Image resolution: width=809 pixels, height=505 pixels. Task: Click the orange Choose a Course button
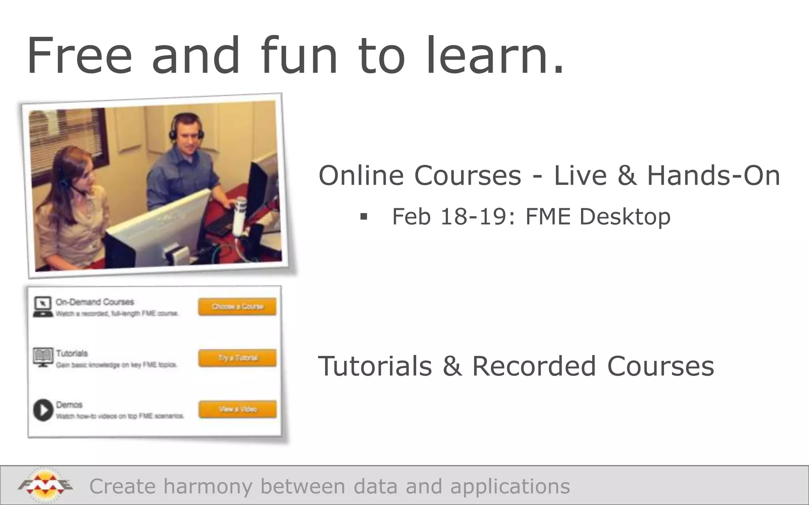point(237,307)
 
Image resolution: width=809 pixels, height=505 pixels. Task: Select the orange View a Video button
point(237,409)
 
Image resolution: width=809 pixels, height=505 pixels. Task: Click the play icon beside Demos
point(43,410)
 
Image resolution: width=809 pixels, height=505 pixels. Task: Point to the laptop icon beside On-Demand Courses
point(43,307)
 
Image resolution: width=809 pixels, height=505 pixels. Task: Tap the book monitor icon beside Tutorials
point(43,357)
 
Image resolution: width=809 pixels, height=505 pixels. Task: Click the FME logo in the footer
point(45,486)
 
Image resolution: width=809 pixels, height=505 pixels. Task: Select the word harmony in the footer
point(207,486)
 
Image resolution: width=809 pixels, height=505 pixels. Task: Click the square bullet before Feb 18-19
point(364,217)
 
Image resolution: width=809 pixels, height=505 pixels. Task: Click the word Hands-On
point(713,175)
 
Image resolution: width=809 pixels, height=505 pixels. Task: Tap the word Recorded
point(534,366)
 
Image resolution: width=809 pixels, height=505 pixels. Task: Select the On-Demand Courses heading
point(95,302)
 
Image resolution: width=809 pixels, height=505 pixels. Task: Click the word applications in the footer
point(510,486)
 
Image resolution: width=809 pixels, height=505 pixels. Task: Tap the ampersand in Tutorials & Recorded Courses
point(452,366)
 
